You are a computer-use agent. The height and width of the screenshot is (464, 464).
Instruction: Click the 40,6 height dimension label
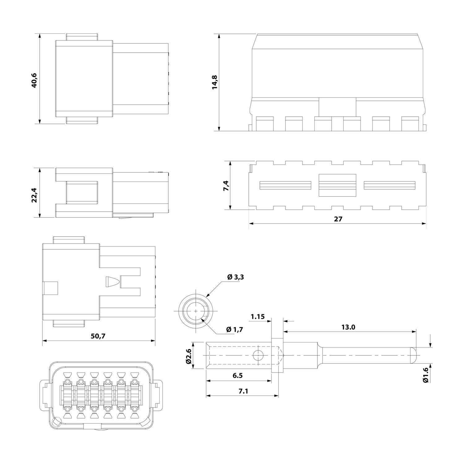pos(34,80)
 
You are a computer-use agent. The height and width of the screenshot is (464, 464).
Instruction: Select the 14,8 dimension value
pos(214,82)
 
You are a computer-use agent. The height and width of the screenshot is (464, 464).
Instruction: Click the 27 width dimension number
pos(338,219)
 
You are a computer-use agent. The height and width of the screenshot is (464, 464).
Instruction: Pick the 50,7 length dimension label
pos(98,336)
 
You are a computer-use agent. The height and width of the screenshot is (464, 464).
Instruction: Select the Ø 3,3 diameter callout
pos(235,277)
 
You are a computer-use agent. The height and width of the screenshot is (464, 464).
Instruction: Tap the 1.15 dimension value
pos(258,316)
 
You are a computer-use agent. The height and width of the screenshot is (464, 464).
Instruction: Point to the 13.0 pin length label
pos(348,327)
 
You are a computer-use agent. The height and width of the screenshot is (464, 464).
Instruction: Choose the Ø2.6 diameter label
pos(188,355)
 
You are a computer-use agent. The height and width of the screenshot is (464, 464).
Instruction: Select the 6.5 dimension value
pos(238,376)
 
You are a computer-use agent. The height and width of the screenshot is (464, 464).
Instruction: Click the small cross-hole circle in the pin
pos(257,355)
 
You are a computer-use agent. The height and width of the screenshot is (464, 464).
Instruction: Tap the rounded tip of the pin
pos(413,355)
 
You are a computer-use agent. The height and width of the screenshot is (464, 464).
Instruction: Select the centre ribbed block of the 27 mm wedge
pos(337,185)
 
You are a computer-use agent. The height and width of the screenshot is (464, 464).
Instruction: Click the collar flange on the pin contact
pos(277,355)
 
